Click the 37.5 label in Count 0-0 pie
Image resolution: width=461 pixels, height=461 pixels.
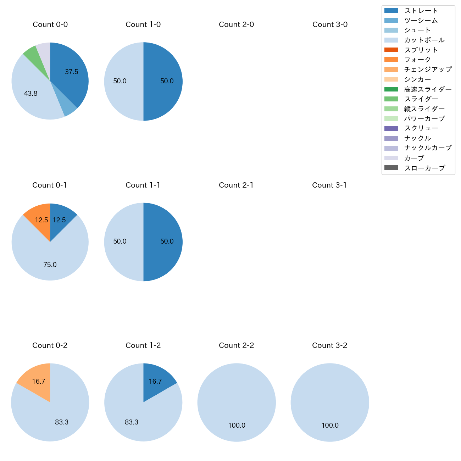point(71,72)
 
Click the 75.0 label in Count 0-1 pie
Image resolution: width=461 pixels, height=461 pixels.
point(50,265)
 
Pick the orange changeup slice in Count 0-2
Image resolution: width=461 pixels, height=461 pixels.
point(35,379)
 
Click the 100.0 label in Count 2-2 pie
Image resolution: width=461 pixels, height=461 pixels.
point(237,425)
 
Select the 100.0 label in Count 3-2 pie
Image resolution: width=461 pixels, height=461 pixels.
point(330,425)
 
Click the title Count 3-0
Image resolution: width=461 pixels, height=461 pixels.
point(330,24)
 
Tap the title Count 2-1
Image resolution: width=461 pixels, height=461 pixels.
point(236,185)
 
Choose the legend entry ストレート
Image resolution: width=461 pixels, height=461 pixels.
point(421,11)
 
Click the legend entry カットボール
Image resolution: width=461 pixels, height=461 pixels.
point(424,40)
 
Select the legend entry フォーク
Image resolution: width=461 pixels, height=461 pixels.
point(417,60)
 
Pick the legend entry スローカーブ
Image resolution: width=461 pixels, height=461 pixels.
point(424,168)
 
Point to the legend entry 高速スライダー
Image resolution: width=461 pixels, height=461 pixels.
point(428,89)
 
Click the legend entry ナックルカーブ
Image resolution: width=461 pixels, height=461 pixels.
point(428,148)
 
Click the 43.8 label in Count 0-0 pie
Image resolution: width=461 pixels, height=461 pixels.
point(31,94)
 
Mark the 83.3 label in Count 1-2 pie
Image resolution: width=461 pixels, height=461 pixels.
point(132,422)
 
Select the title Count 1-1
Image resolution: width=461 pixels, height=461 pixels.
point(143,185)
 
